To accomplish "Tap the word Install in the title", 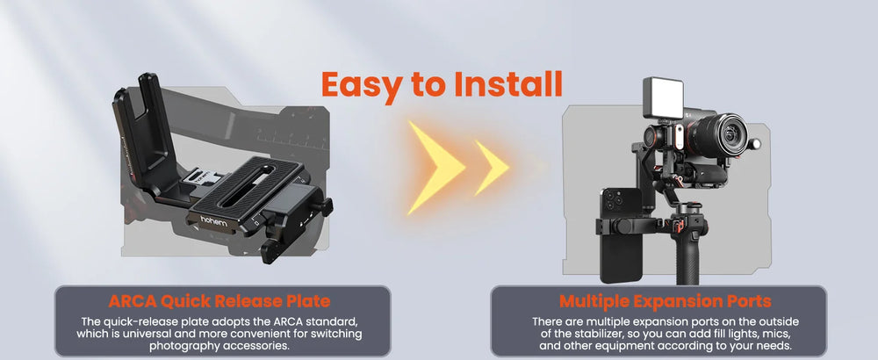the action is pyautogui.click(x=508, y=84).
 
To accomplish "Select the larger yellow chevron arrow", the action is pyautogui.click(x=435, y=168).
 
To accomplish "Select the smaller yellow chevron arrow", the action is pyautogui.click(x=491, y=168).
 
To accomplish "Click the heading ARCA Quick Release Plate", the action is pyautogui.click(x=219, y=301).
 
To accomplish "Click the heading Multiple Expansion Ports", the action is pyautogui.click(x=666, y=301).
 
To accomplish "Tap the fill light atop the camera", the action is pyautogui.click(x=664, y=97).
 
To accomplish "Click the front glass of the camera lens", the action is pyautogui.click(x=730, y=135).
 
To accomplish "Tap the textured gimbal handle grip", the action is pyautogui.click(x=687, y=257).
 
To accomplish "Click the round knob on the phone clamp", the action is pyautogui.click(x=621, y=227).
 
